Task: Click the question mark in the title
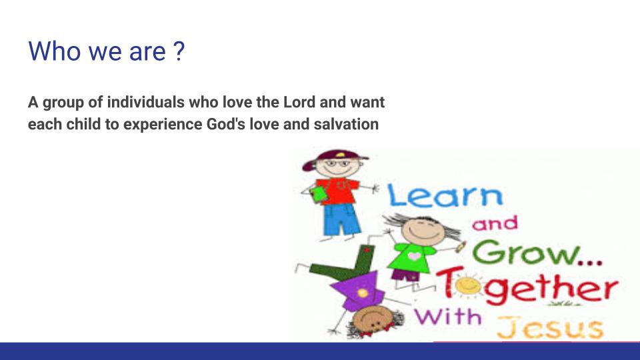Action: (x=179, y=51)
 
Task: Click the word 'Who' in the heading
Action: (x=54, y=51)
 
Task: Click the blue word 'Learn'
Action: (x=445, y=195)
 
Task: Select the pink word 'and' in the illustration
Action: (x=495, y=223)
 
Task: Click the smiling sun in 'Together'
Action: (x=468, y=284)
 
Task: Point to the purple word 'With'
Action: (x=448, y=317)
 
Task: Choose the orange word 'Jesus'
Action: (x=549, y=327)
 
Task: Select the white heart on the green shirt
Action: (x=415, y=256)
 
